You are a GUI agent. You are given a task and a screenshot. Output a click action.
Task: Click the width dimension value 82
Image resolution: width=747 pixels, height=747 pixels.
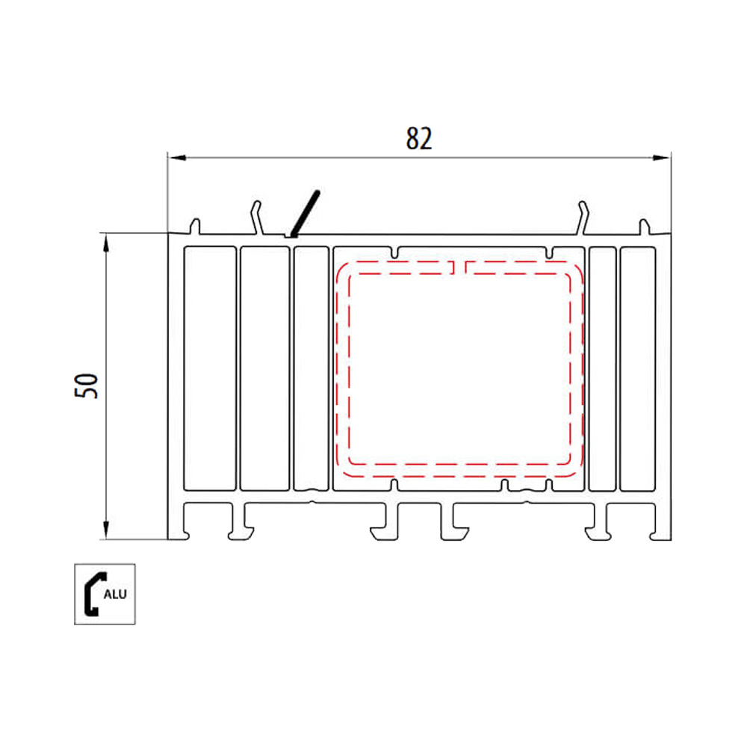[419, 139]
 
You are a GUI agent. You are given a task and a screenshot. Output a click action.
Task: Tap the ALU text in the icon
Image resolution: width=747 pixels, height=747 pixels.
[114, 595]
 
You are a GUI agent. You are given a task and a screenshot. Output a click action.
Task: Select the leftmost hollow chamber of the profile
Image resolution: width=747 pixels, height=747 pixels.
[209, 368]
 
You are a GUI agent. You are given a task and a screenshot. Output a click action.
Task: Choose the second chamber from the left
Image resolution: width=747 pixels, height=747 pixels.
[264, 368]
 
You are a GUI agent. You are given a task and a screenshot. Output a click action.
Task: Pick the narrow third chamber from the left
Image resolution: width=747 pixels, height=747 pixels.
[311, 368]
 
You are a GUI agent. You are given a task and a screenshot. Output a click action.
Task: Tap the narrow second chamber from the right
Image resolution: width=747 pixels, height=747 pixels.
[602, 368]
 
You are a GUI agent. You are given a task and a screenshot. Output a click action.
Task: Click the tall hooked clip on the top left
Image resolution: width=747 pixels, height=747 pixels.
[256, 217]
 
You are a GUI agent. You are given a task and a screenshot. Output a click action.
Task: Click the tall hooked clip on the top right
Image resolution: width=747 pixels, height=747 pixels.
[584, 217]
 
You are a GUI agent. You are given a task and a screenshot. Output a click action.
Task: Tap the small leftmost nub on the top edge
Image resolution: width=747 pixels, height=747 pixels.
[196, 226]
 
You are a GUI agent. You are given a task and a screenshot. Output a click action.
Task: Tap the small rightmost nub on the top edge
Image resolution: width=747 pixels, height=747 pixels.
[642, 226]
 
